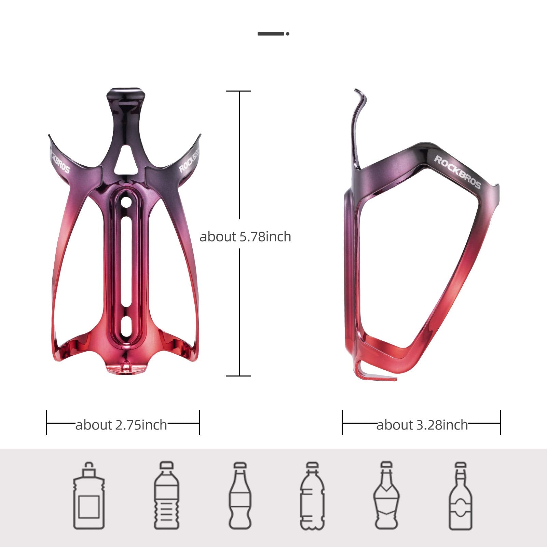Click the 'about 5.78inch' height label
point(245,236)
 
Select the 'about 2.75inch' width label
point(121,425)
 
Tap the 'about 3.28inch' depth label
point(422,425)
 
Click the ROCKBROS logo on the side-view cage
point(457,172)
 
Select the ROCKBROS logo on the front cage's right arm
point(189,159)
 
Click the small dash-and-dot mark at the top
point(273,33)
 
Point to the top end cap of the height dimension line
point(239,91)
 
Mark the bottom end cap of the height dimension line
point(239,376)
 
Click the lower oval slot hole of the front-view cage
point(126,326)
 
